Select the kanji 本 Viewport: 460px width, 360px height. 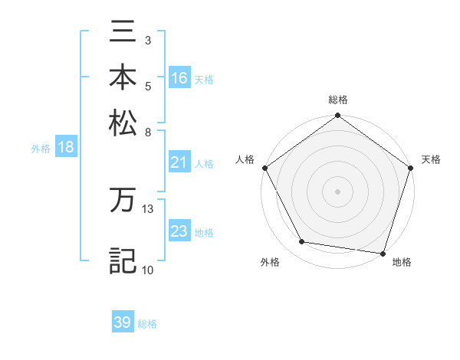(123, 77)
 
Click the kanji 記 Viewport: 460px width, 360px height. (123, 260)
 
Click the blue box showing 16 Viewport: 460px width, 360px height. (179, 78)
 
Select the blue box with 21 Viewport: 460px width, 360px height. (179, 162)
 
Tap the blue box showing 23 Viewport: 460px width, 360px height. (179, 231)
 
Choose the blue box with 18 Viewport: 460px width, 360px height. (66, 148)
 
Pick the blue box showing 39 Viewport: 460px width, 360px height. (123, 322)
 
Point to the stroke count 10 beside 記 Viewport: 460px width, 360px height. (147, 269)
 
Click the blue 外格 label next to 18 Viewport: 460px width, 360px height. (41, 149)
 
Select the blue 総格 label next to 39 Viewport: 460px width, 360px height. (147, 324)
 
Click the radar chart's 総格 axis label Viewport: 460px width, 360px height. (337, 100)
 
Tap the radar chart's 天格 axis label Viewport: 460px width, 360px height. (431, 159)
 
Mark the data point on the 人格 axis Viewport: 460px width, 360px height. (264, 168)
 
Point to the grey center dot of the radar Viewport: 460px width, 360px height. (337, 191)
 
